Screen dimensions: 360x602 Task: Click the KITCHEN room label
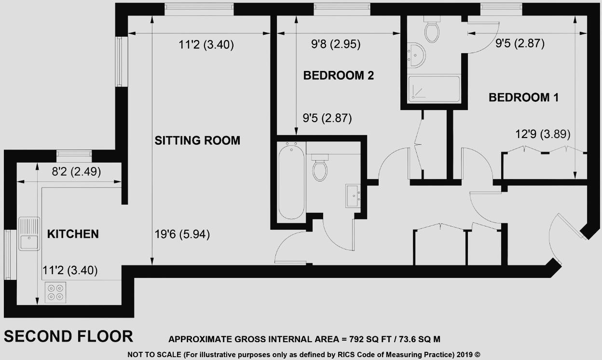click(x=73, y=234)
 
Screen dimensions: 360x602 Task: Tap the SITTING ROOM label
click(x=197, y=140)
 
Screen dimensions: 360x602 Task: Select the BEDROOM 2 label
click(x=339, y=75)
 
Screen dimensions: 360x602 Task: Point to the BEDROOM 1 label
click(x=523, y=97)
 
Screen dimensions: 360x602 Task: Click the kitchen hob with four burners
click(x=55, y=293)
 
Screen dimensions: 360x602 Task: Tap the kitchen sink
click(x=29, y=234)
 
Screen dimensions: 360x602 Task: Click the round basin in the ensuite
click(x=415, y=55)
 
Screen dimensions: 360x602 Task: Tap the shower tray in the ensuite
click(x=434, y=89)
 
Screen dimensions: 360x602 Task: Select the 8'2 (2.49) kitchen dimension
click(x=70, y=171)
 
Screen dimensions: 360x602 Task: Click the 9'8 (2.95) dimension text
click(x=336, y=45)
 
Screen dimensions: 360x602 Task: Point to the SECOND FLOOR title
click(x=68, y=336)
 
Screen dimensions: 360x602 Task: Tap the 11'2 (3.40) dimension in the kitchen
click(x=70, y=271)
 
